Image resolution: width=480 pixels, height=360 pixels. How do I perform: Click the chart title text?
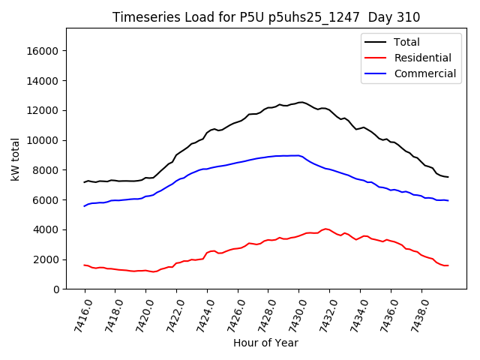(x=266, y=17)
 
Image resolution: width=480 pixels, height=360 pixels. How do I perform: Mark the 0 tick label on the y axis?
(x=57, y=289)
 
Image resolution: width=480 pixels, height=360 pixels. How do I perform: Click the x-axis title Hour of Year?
(x=265, y=343)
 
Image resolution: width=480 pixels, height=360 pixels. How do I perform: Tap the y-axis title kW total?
(x=15, y=159)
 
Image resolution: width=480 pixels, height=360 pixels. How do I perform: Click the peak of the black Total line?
(x=301, y=102)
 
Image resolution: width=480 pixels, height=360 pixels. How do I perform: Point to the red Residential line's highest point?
(x=325, y=229)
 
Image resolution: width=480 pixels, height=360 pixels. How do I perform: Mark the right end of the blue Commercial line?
(x=448, y=200)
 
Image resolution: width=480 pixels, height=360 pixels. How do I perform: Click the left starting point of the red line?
(x=85, y=265)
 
